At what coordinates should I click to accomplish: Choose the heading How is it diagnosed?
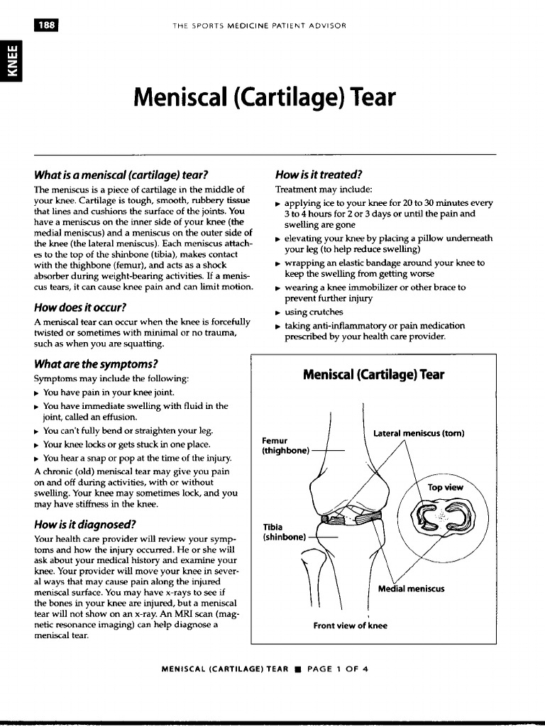[84, 525]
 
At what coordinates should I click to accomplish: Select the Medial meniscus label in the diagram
[411, 589]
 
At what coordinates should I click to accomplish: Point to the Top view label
[445, 487]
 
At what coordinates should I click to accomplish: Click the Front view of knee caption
[351, 625]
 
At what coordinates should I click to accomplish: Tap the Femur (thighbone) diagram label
[285, 445]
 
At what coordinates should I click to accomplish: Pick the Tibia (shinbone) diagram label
[283, 532]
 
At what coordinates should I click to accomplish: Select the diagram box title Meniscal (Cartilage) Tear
[373, 374]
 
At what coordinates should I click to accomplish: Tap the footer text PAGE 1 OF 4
[337, 669]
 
